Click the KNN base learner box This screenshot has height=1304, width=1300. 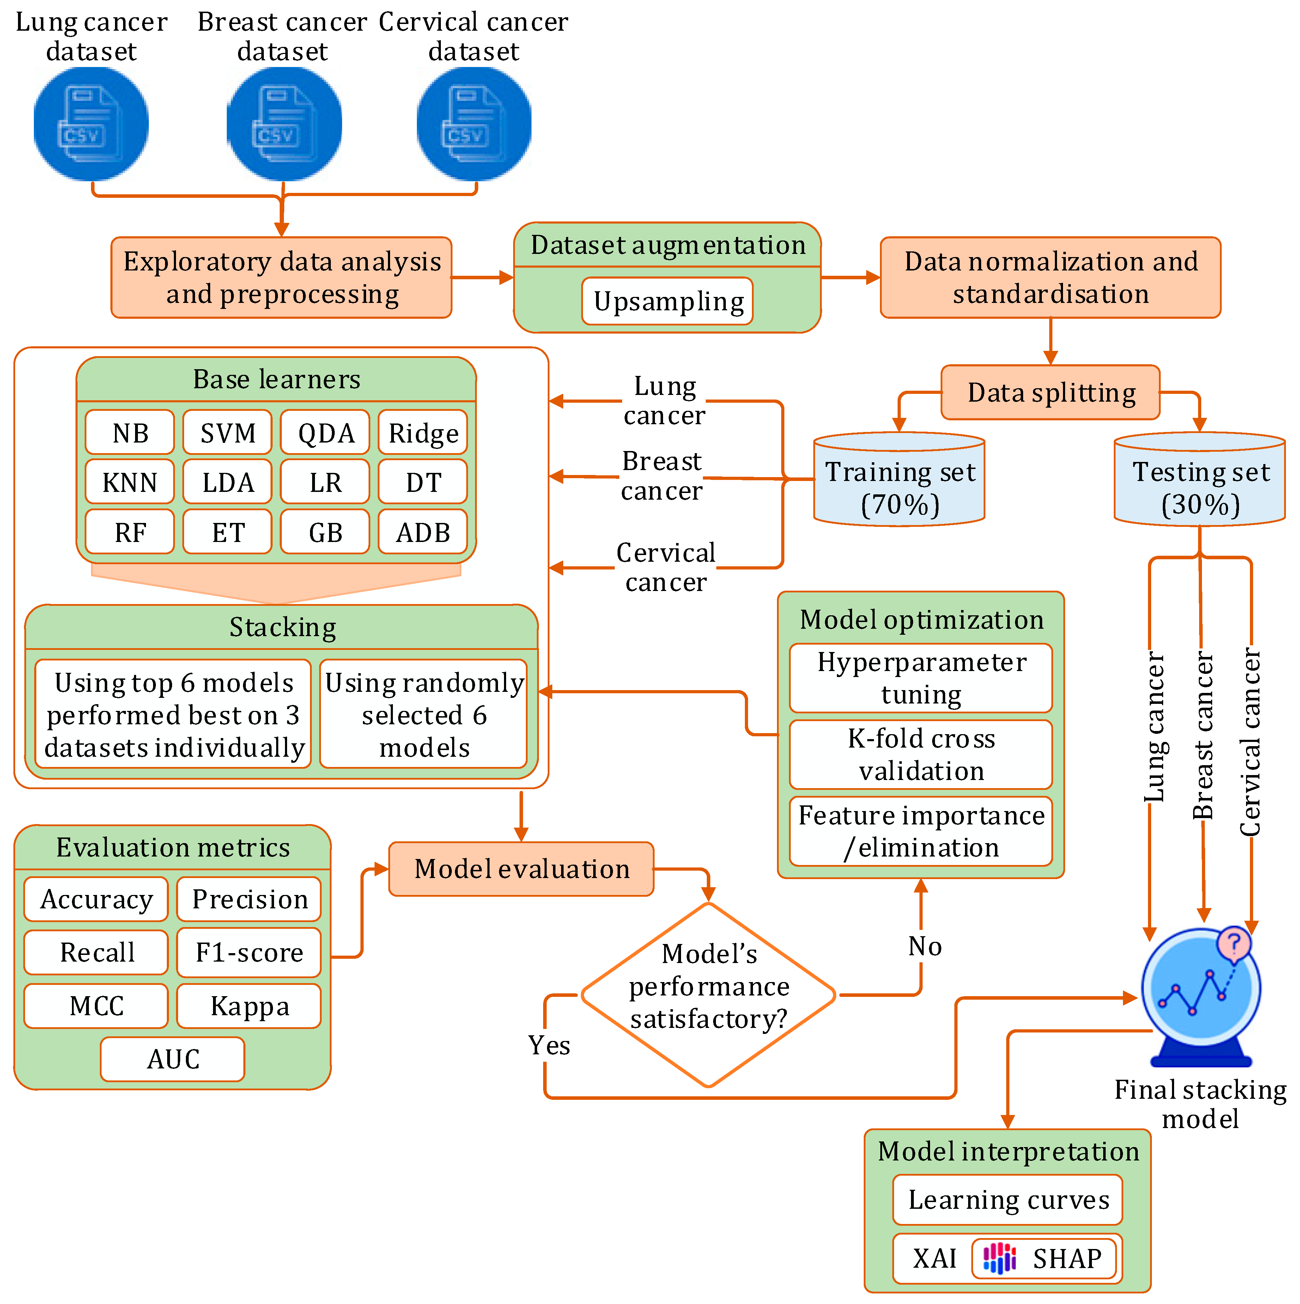[x=129, y=482]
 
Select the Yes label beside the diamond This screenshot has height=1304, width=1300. [x=549, y=1045]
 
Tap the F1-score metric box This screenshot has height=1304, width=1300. [x=249, y=952]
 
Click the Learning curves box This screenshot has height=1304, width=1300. [x=1008, y=1199]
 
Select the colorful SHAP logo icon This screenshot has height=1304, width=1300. [x=999, y=1258]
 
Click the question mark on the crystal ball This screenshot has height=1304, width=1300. [x=1234, y=942]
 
